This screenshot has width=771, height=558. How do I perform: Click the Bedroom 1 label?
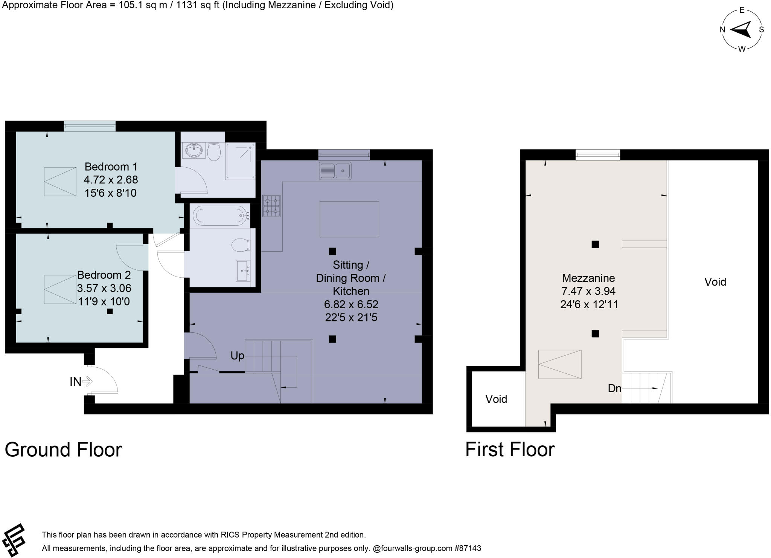pyautogui.click(x=111, y=167)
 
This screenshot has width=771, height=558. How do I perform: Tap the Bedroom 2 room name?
pyautogui.click(x=104, y=275)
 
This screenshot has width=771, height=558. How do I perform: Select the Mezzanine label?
pyautogui.click(x=588, y=278)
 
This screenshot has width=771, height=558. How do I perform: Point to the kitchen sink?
pyautogui.click(x=335, y=171)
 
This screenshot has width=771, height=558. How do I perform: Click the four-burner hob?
pyautogui.click(x=271, y=206)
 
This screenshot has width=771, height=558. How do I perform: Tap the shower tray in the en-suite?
pyautogui.click(x=240, y=161)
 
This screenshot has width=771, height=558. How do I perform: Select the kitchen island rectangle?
pyautogui.click(x=349, y=219)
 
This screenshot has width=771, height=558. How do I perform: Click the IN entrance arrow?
pyautogui.click(x=87, y=382)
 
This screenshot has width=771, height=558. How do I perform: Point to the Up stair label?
pyautogui.click(x=237, y=356)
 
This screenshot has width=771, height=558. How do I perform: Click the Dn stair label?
pyautogui.click(x=615, y=388)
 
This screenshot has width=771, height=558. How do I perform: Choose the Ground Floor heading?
pyautogui.click(x=63, y=449)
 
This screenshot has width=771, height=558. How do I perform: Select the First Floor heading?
pyautogui.click(x=510, y=449)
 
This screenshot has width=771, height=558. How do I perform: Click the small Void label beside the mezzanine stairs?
pyautogui.click(x=496, y=399)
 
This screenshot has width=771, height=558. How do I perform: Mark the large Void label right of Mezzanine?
pyautogui.click(x=715, y=282)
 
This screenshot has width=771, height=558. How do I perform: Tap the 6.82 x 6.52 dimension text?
pyautogui.click(x=351, y=304)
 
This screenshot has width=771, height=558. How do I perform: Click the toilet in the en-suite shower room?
pyautogui.click(x=214, y=151)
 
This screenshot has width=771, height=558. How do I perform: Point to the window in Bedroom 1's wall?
pyautogui.click(x=90, y=126)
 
